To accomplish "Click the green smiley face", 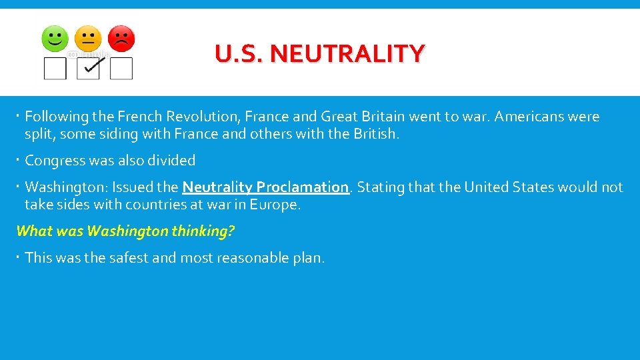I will pyautogui.click(x=55, y=39).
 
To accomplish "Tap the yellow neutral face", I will pyautogui.click(x=88, y=39).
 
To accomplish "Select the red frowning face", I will pyautogui.click(x=121, y=39).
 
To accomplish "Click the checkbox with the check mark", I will pyautogui.click(x=88, y=68).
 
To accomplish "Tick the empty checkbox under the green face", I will pyautogui.click(x=55, y=69).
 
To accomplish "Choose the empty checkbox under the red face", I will pyautogui.click(x=121, y=69).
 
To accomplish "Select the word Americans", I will pyautogui.click(x=519, y=117).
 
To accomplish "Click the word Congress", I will pyautogui.click(x=55, y=161).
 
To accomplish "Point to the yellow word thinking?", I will pyautogui.click(x=203, y=231).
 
